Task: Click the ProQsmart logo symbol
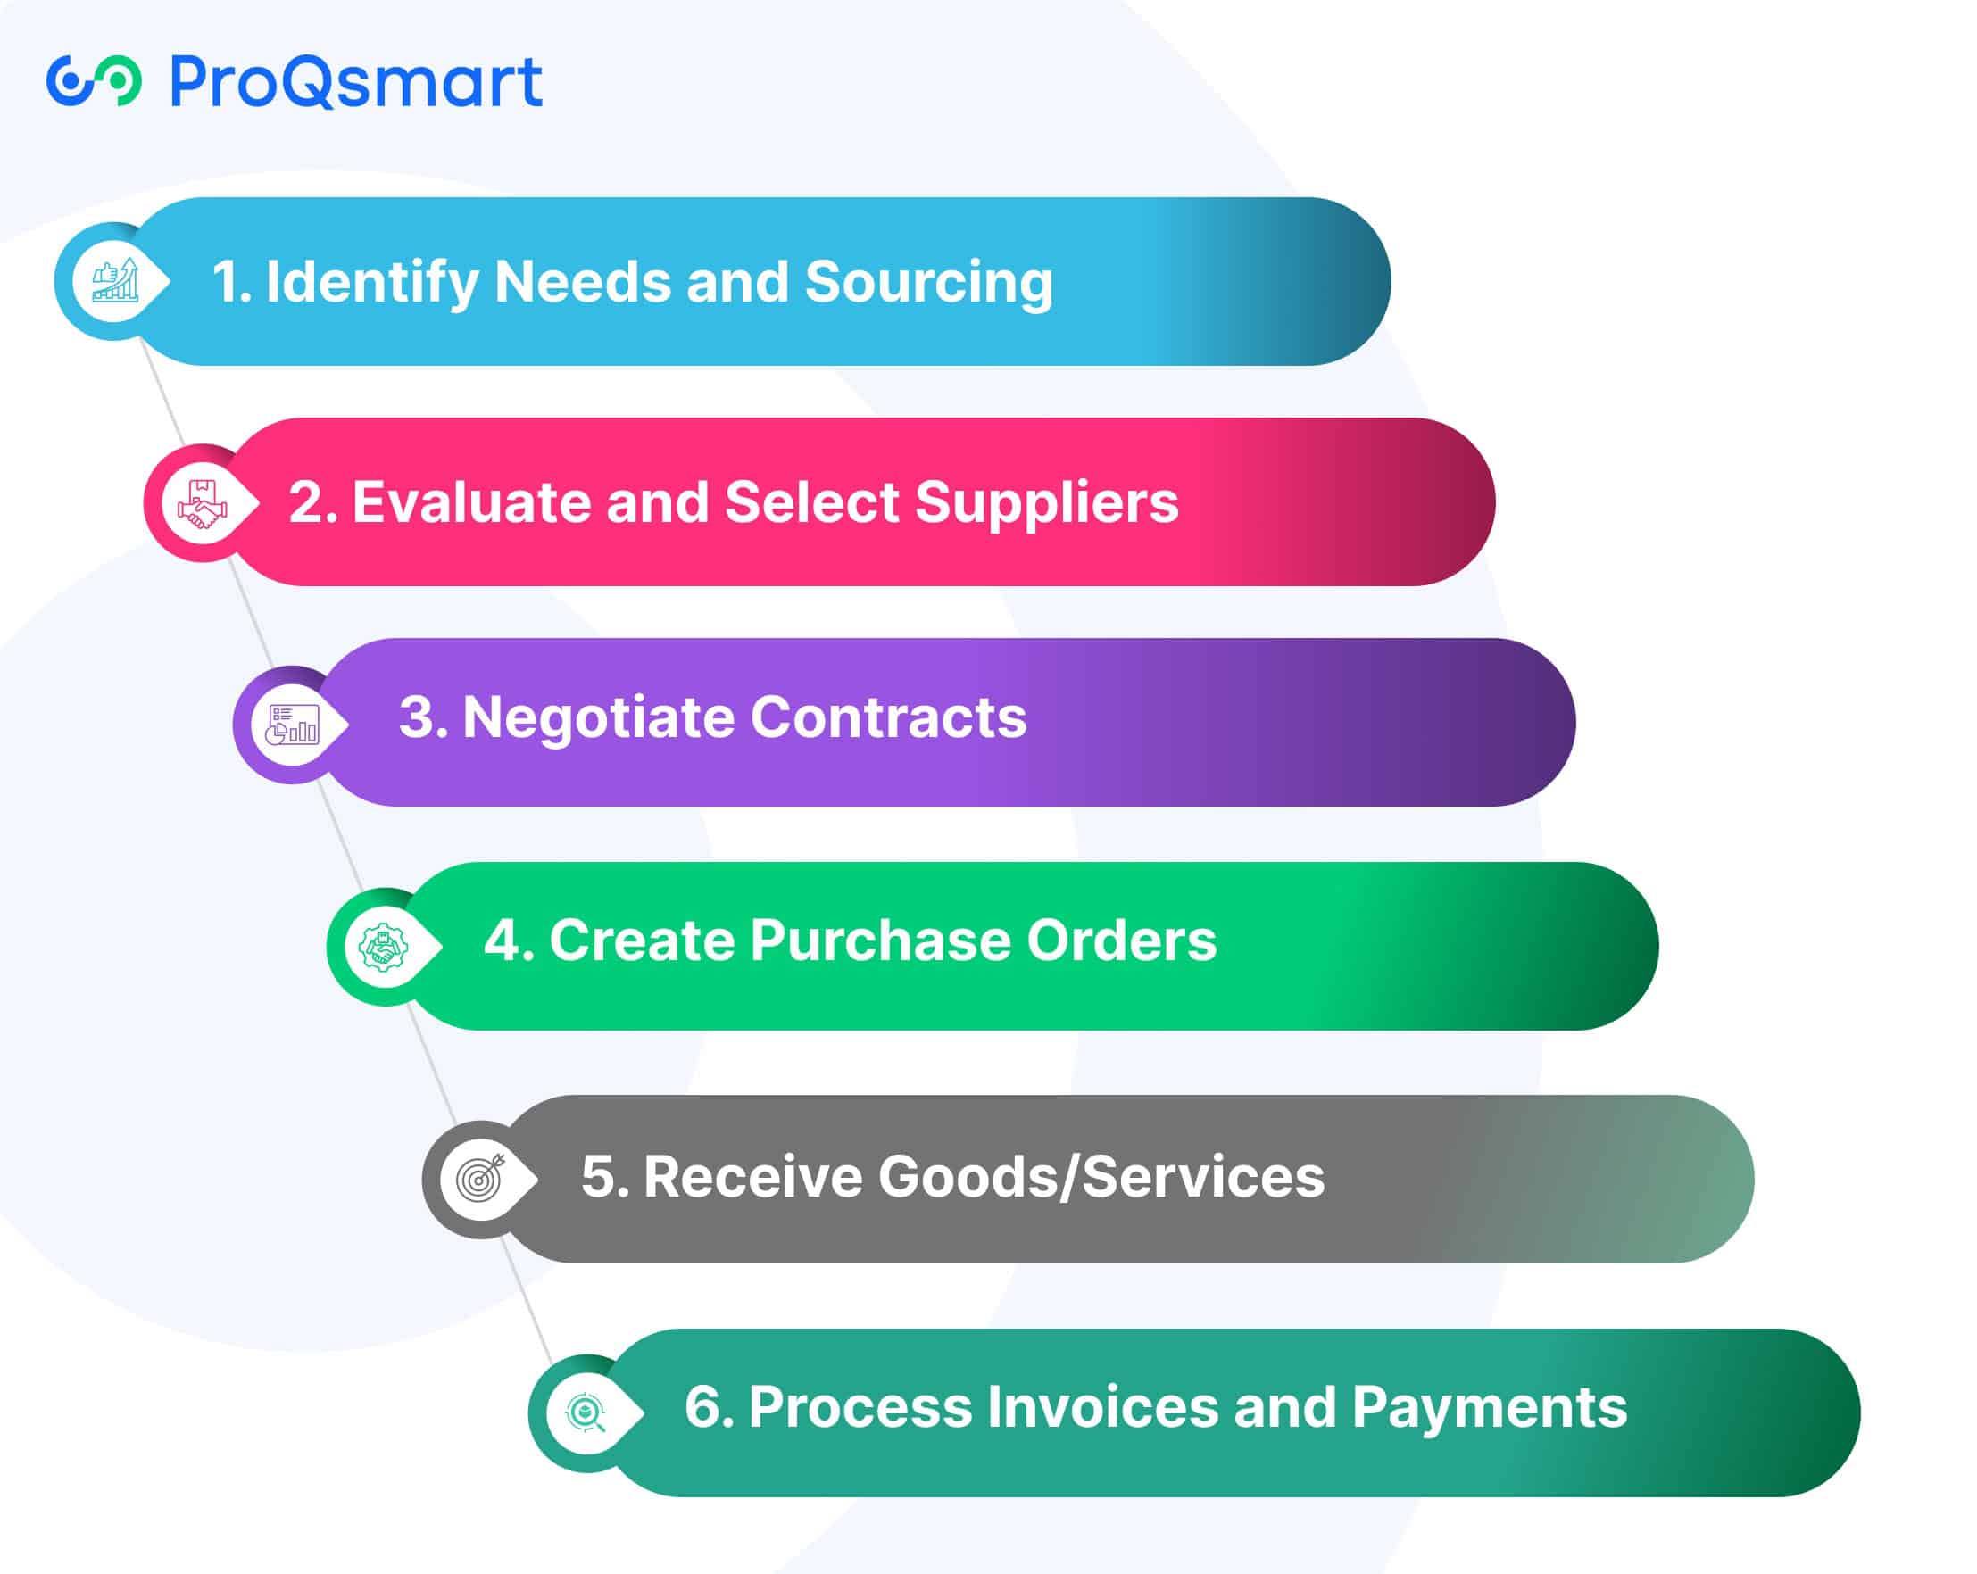click(94, 80)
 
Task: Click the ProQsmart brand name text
click(356, 81)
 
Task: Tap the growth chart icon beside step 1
click(115, 279)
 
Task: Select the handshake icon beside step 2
click(203, 503)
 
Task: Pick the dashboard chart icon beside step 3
click(293, 725)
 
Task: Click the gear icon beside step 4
click(383, 947)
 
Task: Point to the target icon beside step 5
click(481, 1178)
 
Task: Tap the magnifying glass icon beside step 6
click(586, 1412)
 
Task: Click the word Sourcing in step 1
click(929, 282)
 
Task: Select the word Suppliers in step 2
click(1046, 503)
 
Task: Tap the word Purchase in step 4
click(880, 940)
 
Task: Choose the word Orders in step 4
click(1121, 940)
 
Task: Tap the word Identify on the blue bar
click(371, 282)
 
